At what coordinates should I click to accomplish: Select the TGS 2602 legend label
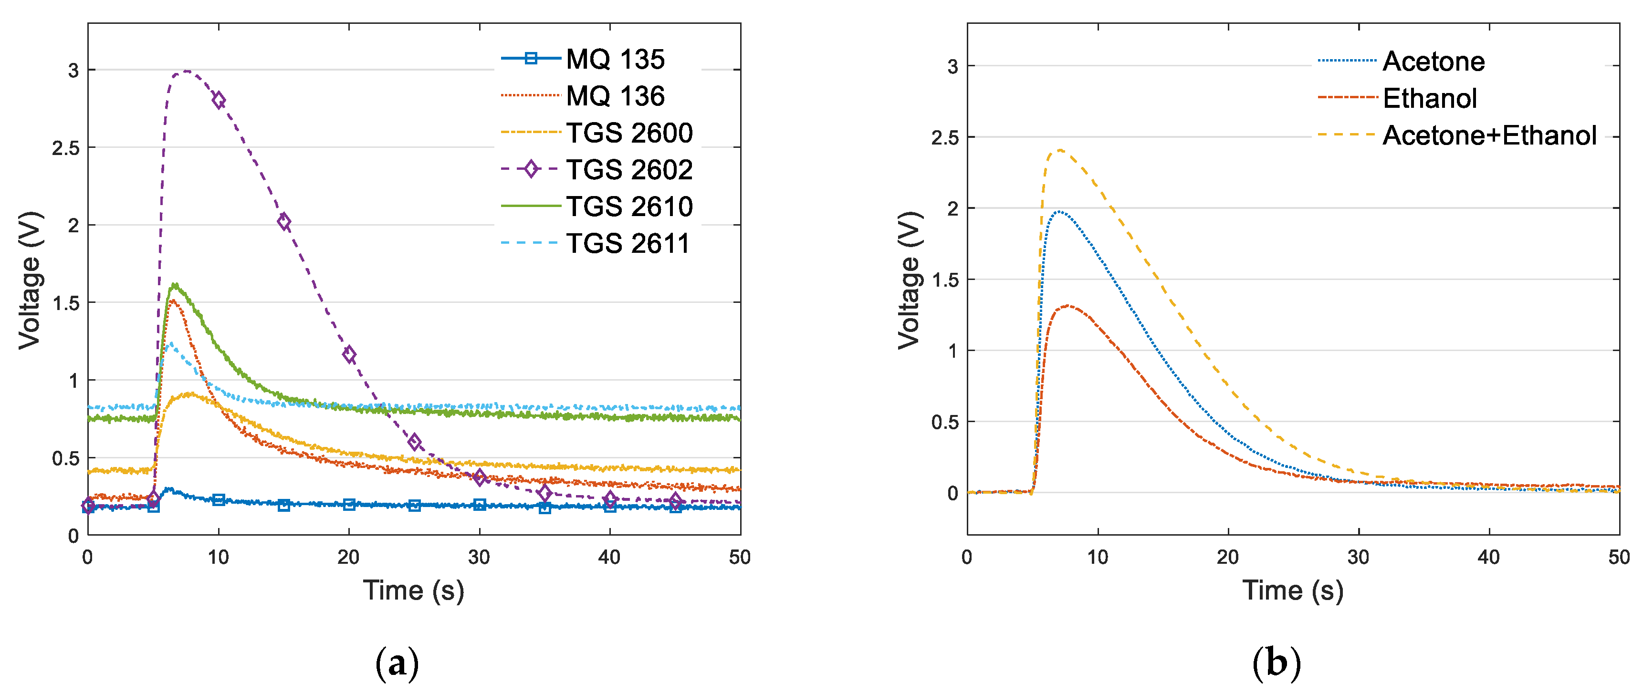point(629,169)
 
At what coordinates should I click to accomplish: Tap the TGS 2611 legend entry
point(628,243)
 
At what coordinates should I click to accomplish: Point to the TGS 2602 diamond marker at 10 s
point(219,100)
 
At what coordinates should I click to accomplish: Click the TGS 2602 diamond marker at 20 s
point(349,355)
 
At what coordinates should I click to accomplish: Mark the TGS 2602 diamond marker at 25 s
point(415,442)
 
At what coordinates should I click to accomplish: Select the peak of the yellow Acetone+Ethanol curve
point(1059,150)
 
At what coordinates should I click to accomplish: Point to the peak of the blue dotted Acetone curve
point(1059,212)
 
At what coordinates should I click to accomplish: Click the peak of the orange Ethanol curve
point(1067,306)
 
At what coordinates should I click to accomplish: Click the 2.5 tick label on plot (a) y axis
point(66,148)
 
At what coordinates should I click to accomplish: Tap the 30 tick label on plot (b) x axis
point(1358,558)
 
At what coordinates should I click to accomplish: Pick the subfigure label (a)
point(397,663)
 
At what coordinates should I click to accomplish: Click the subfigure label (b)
point(1276,663)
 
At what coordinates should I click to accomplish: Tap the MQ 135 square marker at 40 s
point(610,507)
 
